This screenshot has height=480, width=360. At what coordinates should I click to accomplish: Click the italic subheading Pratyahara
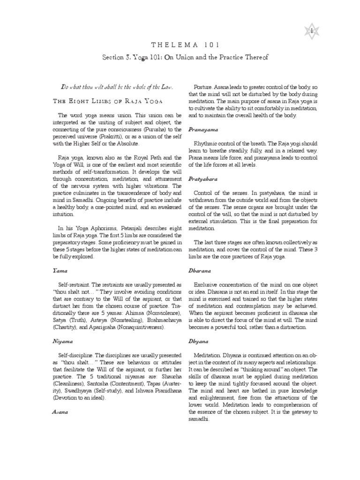pos(204,179)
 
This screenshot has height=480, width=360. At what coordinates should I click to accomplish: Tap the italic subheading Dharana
pos(200,270)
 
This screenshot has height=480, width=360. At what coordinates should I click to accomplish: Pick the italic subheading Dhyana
pos(199,343)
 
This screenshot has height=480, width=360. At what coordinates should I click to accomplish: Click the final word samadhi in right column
pos(199,419)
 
